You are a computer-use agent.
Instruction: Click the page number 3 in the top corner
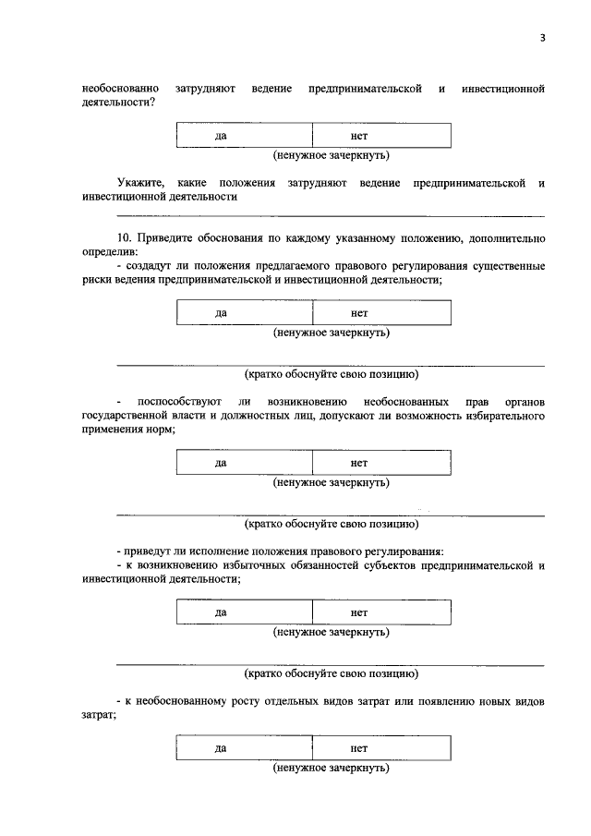[x=543, y=37]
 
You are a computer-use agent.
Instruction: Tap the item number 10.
[x=126, y=237]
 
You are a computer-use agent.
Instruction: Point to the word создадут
[x=152, y=266]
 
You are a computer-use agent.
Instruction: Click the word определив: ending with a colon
[x=110, y=251]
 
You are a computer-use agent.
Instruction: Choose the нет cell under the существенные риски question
[x=381, y=313]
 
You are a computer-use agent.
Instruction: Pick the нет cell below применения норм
[x=381, y=462]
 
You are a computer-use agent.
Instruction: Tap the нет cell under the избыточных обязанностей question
[x=381, y=612]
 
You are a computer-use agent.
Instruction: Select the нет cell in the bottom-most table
[x=381, y=747]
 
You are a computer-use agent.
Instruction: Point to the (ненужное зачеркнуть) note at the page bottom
[x=331, y=768]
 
